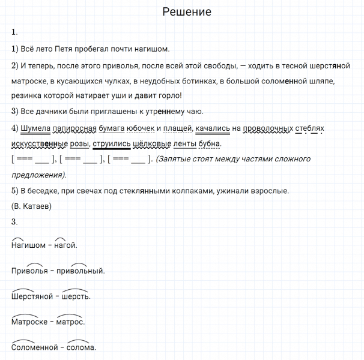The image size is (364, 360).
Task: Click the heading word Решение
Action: pyautogui.click(x=187, y=12)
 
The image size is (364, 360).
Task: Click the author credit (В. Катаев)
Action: pyautogui.click(x=32, y=206)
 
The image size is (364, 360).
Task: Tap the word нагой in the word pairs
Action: pyautogui.click(x=65, y=245)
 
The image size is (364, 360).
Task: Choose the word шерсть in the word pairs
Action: pyautogui.click(x=76, y=296)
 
